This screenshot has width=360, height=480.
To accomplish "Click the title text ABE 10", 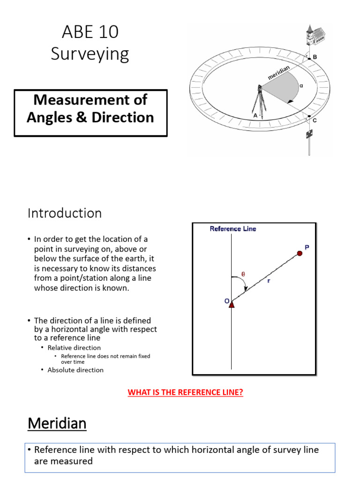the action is point(90,33).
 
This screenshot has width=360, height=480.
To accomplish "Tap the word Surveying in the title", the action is point(90,54).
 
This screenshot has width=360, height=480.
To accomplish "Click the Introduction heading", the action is point(65,213).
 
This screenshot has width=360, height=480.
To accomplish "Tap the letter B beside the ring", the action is point(315,57).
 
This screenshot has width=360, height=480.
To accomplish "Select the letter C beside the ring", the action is point(315,120).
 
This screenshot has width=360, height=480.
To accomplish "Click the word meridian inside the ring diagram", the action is point(278,73).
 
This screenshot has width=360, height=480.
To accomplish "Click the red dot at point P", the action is point(300,253).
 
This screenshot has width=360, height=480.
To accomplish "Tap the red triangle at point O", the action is point(232,304).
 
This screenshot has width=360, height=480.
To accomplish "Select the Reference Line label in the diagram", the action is point(232,229).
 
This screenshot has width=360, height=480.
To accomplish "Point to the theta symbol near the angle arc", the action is point(243,275).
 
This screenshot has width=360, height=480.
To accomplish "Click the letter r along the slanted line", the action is point(269,281).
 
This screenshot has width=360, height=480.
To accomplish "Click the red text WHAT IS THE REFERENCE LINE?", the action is point(185,392).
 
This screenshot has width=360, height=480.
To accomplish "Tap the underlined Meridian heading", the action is point(57,424).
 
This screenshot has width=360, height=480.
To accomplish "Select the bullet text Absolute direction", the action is point(75,370).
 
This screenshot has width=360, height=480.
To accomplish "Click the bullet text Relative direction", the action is point(74,348).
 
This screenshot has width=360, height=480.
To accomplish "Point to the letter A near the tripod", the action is point(255,115).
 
